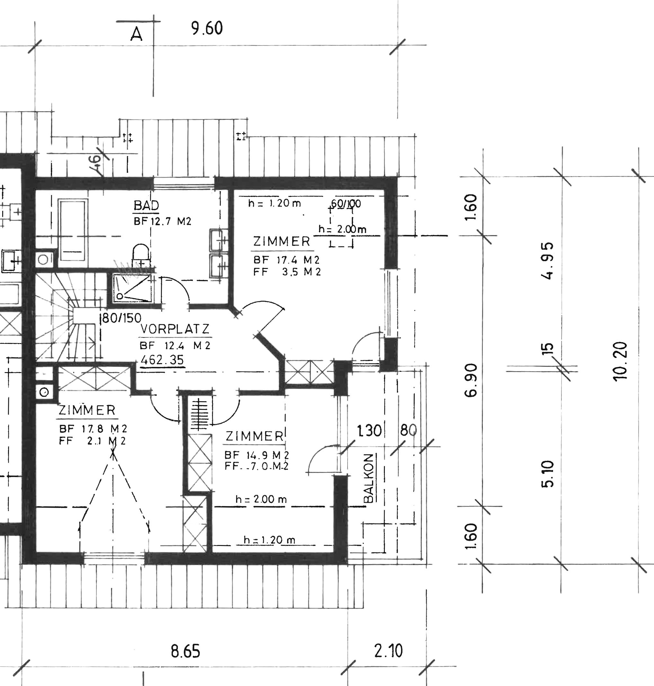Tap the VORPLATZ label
tap(175, 329)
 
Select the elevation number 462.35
tap(162, 360)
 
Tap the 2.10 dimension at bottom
tap(388, 651)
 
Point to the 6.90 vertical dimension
tap(471, 380)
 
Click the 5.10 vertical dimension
tap(548, 474)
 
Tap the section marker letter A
tap(136, 34)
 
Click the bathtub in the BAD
tap(73, 230)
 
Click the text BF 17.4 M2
tap(286, 260)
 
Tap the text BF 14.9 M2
tap(257, 455)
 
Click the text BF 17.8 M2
tap(93, 428)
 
